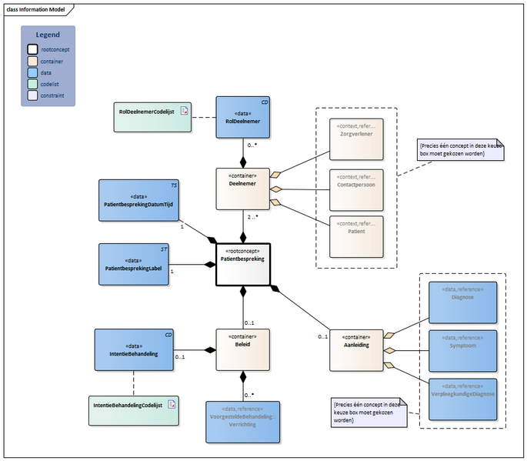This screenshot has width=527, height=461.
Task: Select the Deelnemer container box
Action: tap(243, 189)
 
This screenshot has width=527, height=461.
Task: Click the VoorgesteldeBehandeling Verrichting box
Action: tap(242, 422)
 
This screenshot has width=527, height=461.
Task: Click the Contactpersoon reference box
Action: tap(356, 189)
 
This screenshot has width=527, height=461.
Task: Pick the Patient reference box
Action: tap(356, 236)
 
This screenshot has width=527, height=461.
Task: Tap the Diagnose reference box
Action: tap(462, 301)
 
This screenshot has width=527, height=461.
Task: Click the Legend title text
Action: tap(48, 35)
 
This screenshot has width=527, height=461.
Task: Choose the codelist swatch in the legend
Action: tap(32, 84)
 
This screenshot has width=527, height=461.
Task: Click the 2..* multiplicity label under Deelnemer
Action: tap(252, 217)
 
